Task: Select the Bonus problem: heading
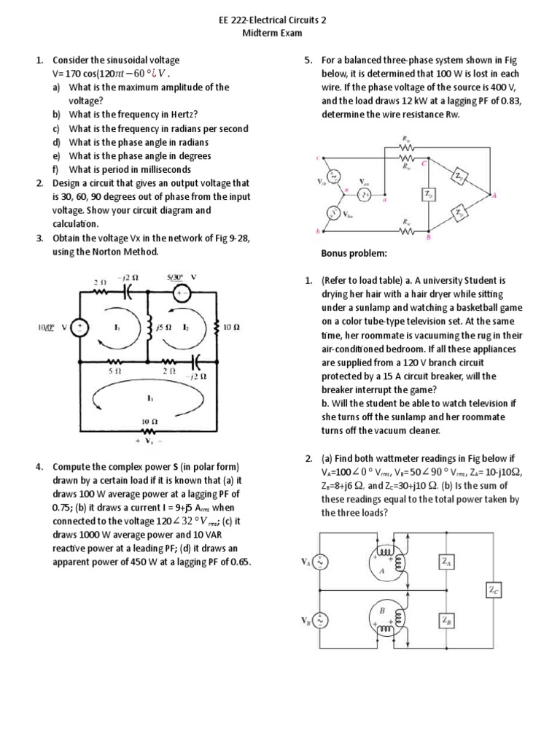[354, 253]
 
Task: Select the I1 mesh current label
[116, 328]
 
